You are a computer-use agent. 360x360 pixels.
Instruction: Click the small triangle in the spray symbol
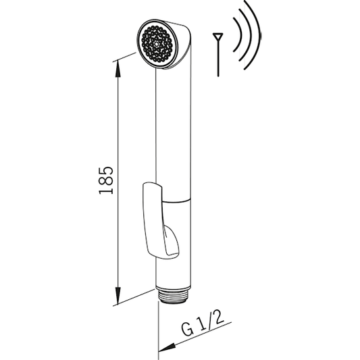click(217, 36)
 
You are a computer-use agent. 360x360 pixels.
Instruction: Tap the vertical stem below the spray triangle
click(217, 57)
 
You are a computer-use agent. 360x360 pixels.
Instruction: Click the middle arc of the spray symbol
click(247, 34)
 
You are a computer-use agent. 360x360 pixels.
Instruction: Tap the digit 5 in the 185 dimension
click(105, 169)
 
